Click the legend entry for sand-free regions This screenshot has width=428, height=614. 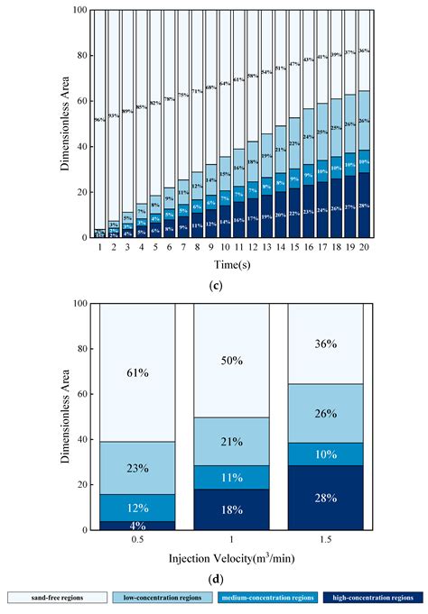(x=56, y=597)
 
